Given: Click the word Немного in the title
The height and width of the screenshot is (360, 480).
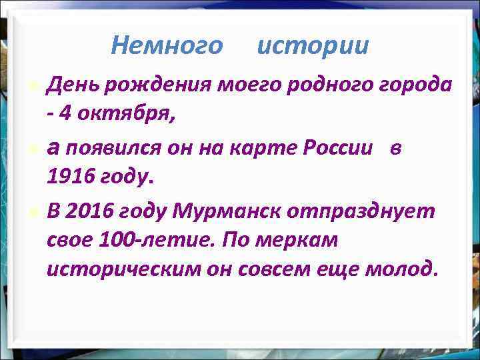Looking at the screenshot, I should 167,46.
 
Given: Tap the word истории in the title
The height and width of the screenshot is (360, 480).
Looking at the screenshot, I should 312,46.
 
